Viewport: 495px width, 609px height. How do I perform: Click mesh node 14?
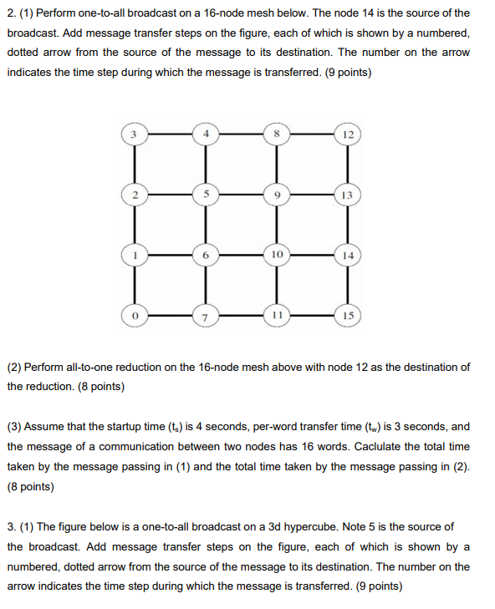348,255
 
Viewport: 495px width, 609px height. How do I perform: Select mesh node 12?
348,134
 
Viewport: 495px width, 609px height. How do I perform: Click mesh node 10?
278,254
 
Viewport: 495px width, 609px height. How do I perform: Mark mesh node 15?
348,316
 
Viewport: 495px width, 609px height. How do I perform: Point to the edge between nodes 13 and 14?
348,224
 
